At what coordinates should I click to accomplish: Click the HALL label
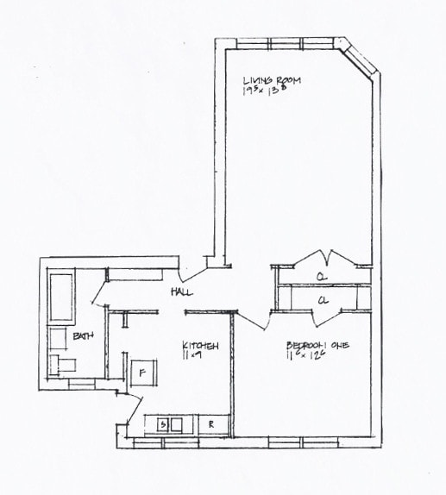[182, 292]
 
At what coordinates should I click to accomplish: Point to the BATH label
[83, 335]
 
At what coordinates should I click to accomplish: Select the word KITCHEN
[200, 346]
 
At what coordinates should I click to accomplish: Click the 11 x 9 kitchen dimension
[192, 356]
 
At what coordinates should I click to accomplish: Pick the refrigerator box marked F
[142, 373]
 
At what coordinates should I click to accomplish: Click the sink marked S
[161, 424]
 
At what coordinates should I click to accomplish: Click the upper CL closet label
[320, 277]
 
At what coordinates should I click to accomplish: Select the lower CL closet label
[323, 300]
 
